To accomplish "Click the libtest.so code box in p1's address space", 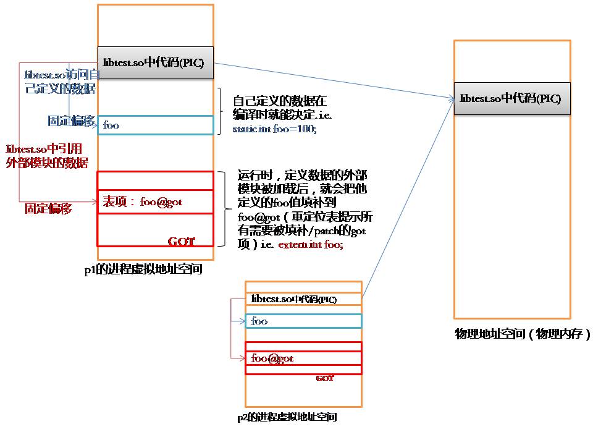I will [154, 62].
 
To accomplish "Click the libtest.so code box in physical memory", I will [511, 98].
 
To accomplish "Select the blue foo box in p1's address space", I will [155, 125].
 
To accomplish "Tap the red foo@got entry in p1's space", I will [155, 201].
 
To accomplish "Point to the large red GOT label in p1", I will [181, 241].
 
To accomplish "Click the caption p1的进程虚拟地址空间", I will [143, 269].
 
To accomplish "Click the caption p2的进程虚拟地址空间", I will [287, 417].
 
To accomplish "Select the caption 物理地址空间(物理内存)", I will [523, 334].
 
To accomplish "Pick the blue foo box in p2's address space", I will [303, 321].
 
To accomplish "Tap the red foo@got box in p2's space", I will [303, 358].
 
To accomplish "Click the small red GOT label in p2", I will [325, 378].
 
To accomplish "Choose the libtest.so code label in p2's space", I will [294, 299].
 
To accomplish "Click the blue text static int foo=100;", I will [274, 130].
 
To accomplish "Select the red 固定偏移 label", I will [48, 209].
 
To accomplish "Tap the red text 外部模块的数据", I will [46, 163].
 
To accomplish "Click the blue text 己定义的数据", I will [60, 88].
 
